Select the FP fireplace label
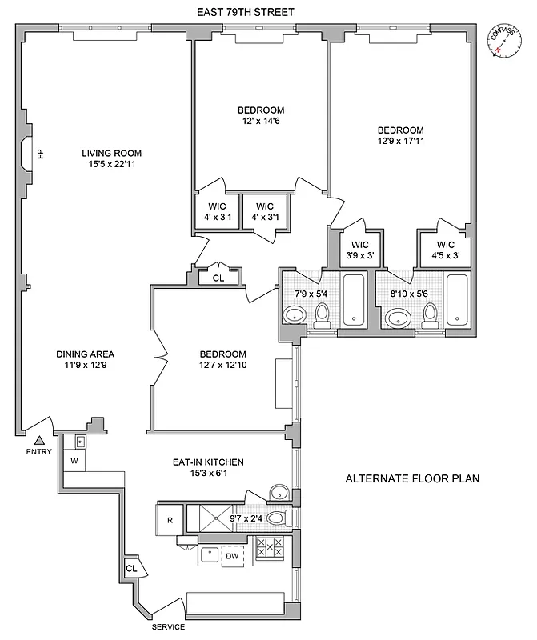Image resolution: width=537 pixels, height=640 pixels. (x=38, y=153)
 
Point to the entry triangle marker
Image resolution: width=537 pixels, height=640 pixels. (x=38, y=438)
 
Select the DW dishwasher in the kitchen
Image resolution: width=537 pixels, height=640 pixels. (x=232, y=555)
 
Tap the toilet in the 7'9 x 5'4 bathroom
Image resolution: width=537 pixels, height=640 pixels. (x=322, y=317)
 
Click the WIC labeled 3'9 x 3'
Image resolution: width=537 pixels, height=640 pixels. (x=352, y=250)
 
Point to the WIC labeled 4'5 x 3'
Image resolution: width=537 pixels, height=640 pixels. (x=445, y=250)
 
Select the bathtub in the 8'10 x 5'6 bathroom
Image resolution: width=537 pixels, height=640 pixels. (x=456, y=300)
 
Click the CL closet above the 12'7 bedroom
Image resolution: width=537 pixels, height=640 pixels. (x=218, y=278)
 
